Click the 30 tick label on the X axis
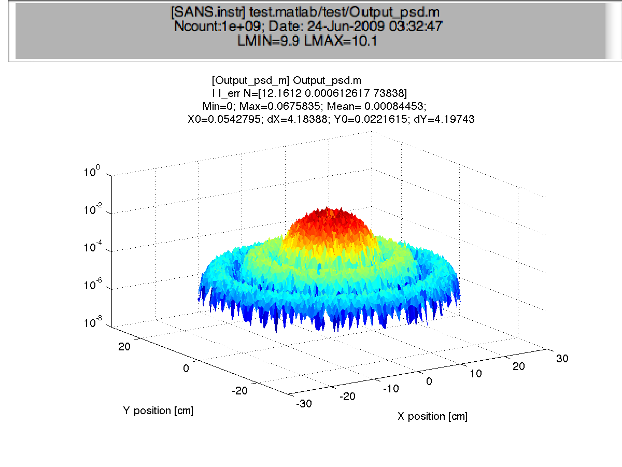coord(562,358)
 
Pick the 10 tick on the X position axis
coord(475,374)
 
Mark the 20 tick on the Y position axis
coord(124,346)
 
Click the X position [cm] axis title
coord(432,416)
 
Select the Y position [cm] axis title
coord(159,411)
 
